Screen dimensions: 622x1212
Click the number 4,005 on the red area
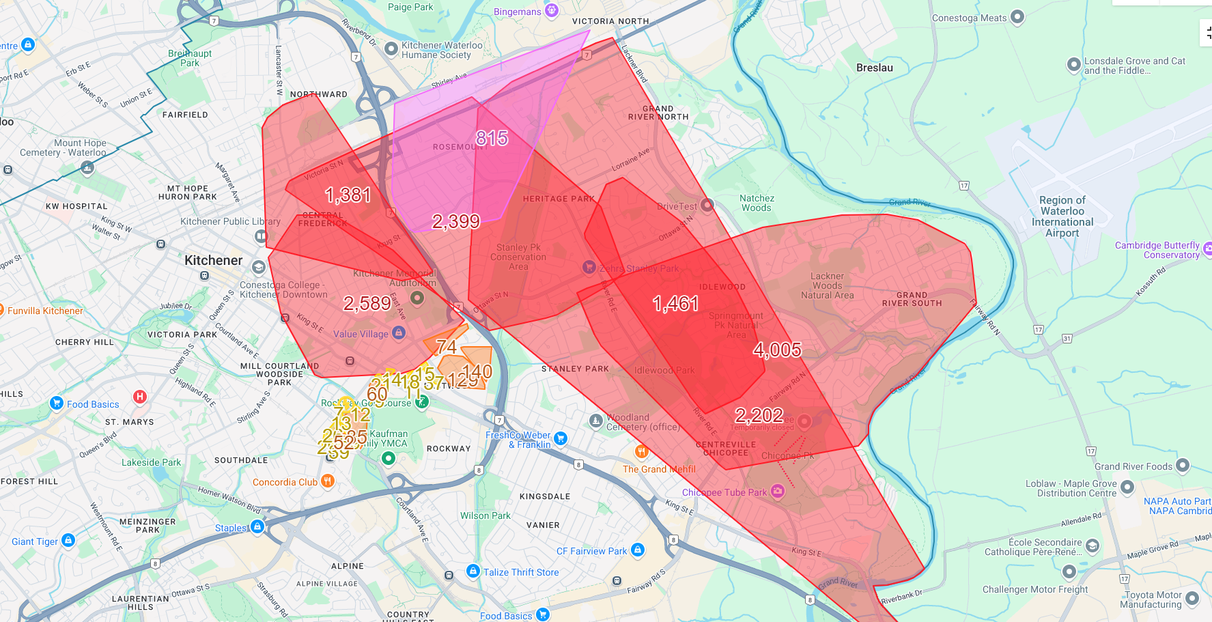click(777, 350)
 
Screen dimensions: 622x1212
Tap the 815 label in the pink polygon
click(492, 139)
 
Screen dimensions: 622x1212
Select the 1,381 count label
click(348, 195)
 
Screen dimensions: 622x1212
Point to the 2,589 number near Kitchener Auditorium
click(367, 303)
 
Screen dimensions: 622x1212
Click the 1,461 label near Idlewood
click(675, 303)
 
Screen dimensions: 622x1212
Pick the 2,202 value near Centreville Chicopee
click(759, 415)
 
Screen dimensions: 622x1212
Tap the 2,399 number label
click(456, 221)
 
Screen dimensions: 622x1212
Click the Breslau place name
click(874, 68)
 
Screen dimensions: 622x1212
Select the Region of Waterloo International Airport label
click(1062, 216)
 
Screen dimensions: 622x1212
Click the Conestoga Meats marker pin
click(1017, 17)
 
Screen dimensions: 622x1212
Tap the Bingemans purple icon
click(552, 10)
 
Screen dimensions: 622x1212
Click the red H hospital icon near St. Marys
click(140, 396)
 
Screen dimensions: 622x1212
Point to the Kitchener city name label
click(213, 260)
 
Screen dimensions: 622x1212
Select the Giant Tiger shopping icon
click(68, 540)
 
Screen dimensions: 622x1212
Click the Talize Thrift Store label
click(521, 572)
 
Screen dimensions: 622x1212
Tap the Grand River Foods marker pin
click(1183, 466)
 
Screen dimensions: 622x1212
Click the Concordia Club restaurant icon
click(328, 481)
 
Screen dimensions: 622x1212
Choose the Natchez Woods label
click(757, 203)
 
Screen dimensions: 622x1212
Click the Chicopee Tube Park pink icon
click(777, 491)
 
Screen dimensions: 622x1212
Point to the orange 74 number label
click(446, 347)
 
